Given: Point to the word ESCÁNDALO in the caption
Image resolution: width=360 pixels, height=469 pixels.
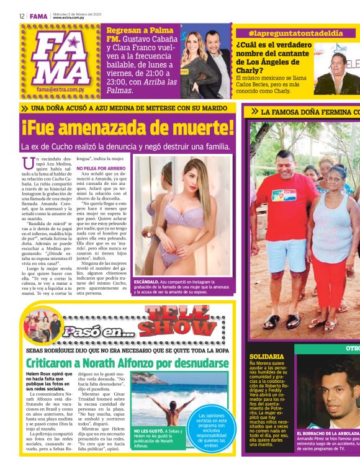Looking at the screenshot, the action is pos(146,282).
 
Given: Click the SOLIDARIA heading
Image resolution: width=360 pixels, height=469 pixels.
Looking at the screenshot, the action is pos(267,357).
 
